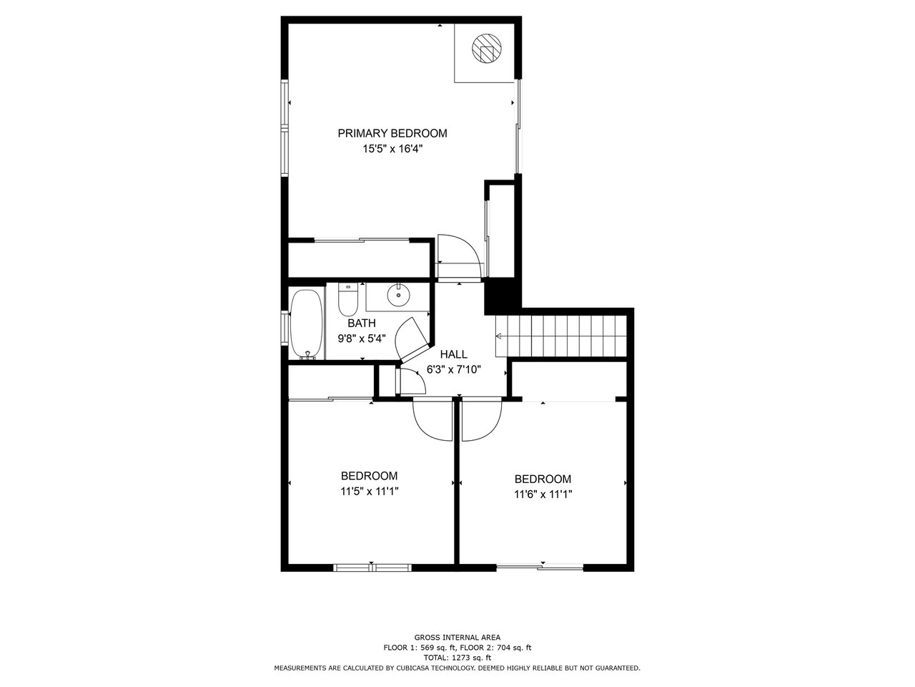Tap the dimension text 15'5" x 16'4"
[x=392, y=149]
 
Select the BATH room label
[x=362, y=323]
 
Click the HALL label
[x=453, y=354]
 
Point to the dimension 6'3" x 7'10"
[x=453, y=369]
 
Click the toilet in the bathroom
[x=347, y=300]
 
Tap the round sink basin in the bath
[x=398, y=295]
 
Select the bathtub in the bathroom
[x=307, y=324]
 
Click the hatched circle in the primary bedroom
[x=486, y=49]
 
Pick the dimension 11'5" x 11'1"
[x=370, y=492]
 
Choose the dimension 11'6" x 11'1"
[x=543, y=494]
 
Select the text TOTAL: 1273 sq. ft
[x=457, y=658]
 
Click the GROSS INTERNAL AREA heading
[x=457, y=638]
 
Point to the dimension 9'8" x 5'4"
[x=362, y=338]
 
